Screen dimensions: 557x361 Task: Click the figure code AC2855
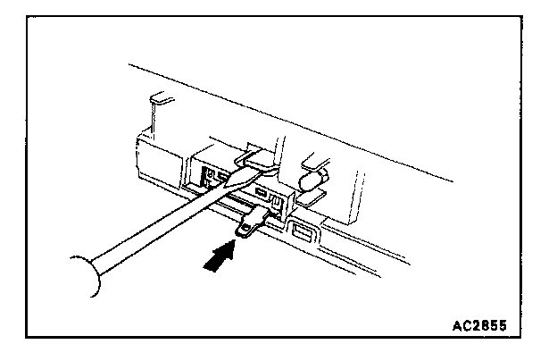click(x=480, y=323)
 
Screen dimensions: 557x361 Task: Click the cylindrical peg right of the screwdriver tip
click(x=313, y=182)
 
